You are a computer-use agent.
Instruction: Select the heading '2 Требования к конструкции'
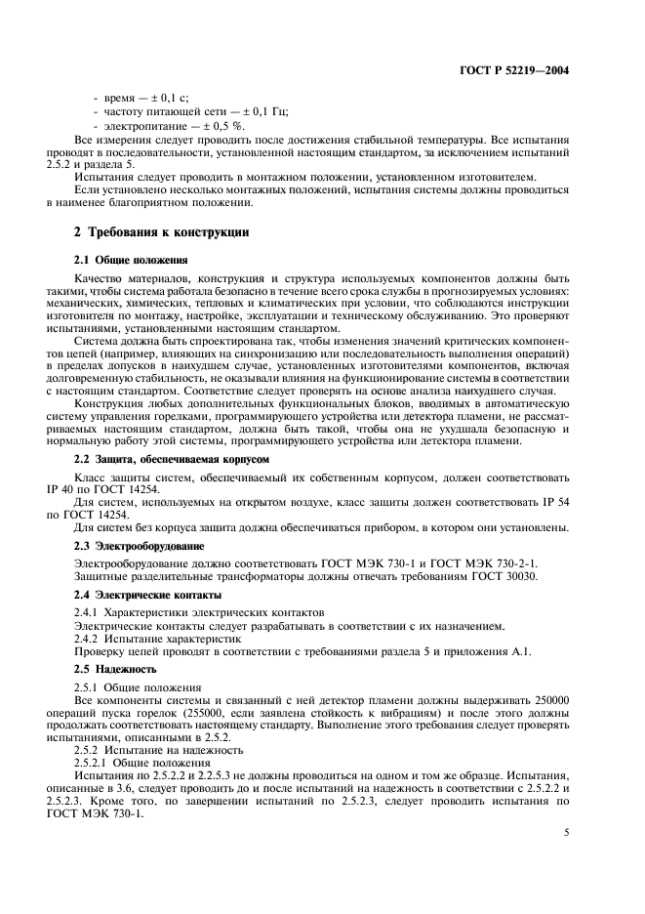pos(162,233)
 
